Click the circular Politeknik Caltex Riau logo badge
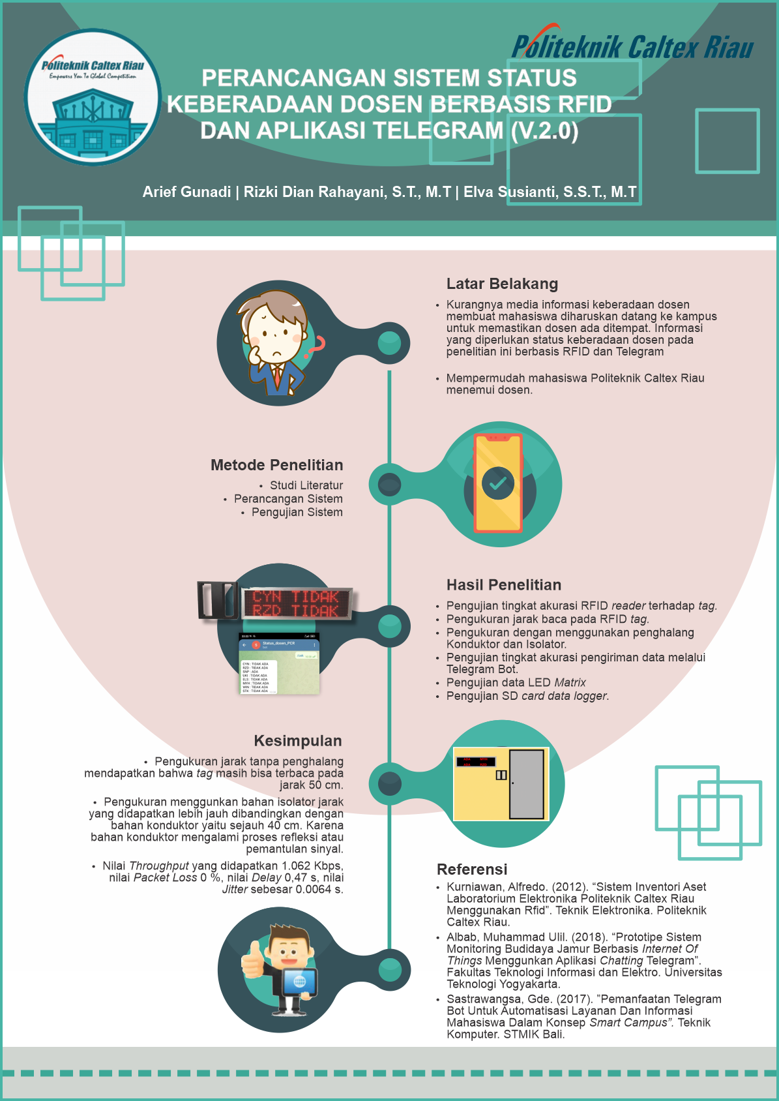[93, 97]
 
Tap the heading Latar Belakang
[502, 284]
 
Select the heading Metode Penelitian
[276, 465]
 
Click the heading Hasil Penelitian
[503, 585]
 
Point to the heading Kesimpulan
[297, 741]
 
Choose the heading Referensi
[471, 869]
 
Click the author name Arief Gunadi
[186, 192]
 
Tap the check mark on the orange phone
[498, 483]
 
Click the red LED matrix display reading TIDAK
[297, 603]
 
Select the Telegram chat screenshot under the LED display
[279, 663]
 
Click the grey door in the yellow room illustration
[526, 784]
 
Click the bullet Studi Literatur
[306, 485]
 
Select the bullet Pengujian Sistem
[297, 513]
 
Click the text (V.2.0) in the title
[544, 131]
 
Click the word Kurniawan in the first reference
[474, 887]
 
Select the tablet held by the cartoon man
[299, 982]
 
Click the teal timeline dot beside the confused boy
[389, 342]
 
